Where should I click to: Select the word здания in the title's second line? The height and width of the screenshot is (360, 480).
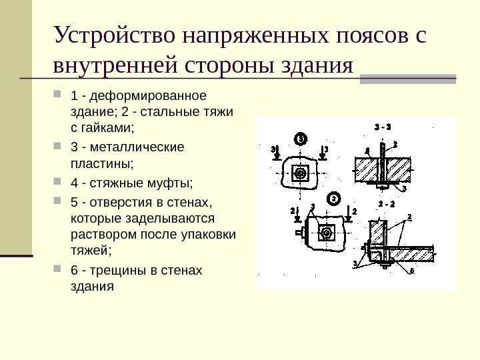click(x=315, y=67)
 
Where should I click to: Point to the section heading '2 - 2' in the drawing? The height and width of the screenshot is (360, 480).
click(x=386, y=203)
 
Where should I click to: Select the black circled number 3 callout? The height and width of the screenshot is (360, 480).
click(x=301, y=139)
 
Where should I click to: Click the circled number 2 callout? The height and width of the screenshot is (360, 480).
click(x=333, y=198)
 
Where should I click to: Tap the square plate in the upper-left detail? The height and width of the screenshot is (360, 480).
click(x=301, y=173)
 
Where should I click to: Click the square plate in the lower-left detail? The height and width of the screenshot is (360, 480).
click(x=326, y=233)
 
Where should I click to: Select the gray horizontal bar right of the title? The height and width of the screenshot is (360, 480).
click(x=407, y=79)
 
